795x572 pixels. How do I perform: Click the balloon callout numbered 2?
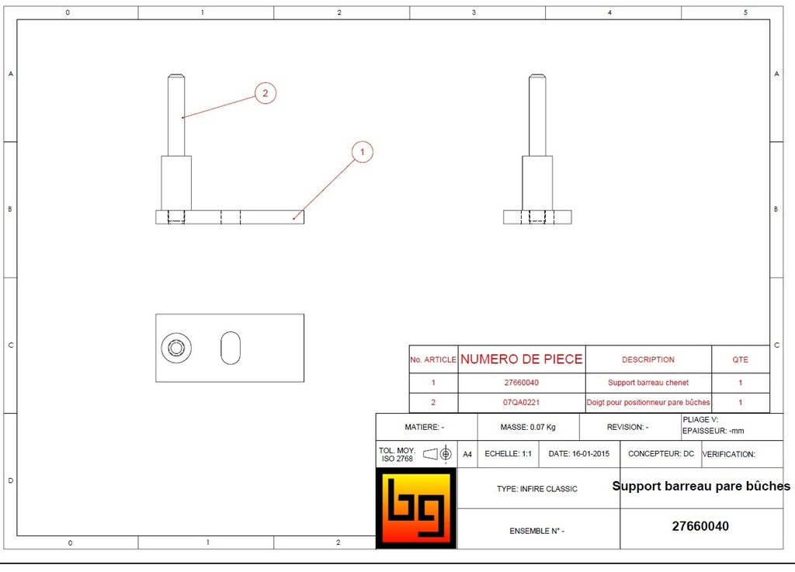click(265, 93)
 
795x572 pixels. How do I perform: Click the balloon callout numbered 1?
click(363, 152)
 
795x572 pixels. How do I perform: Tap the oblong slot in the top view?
click(231, 348)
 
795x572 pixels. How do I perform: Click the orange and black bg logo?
click(415, 508)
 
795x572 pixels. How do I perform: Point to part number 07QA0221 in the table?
click(521, 403)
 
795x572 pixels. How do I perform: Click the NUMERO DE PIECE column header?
click(521, 359)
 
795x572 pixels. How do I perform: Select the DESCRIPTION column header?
click(648, 359)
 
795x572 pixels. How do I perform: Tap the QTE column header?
click(741, 359)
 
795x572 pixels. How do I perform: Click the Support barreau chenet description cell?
click(648, 383)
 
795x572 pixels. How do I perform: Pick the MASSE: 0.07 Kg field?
click(527, 427)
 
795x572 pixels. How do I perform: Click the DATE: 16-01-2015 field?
click(578, 453)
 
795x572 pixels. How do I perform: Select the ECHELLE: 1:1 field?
click(508, 453)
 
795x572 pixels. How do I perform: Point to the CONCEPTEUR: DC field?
click(661, 453)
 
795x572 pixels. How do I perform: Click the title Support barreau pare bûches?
click(701, 487)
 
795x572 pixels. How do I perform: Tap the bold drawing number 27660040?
click(700, 526)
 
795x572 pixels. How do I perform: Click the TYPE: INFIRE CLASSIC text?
click(537, 489)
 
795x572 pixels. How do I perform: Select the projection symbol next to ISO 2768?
click(438, 454)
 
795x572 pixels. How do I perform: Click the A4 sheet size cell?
click(467, 454)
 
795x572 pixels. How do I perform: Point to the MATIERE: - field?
click(425, 427)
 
